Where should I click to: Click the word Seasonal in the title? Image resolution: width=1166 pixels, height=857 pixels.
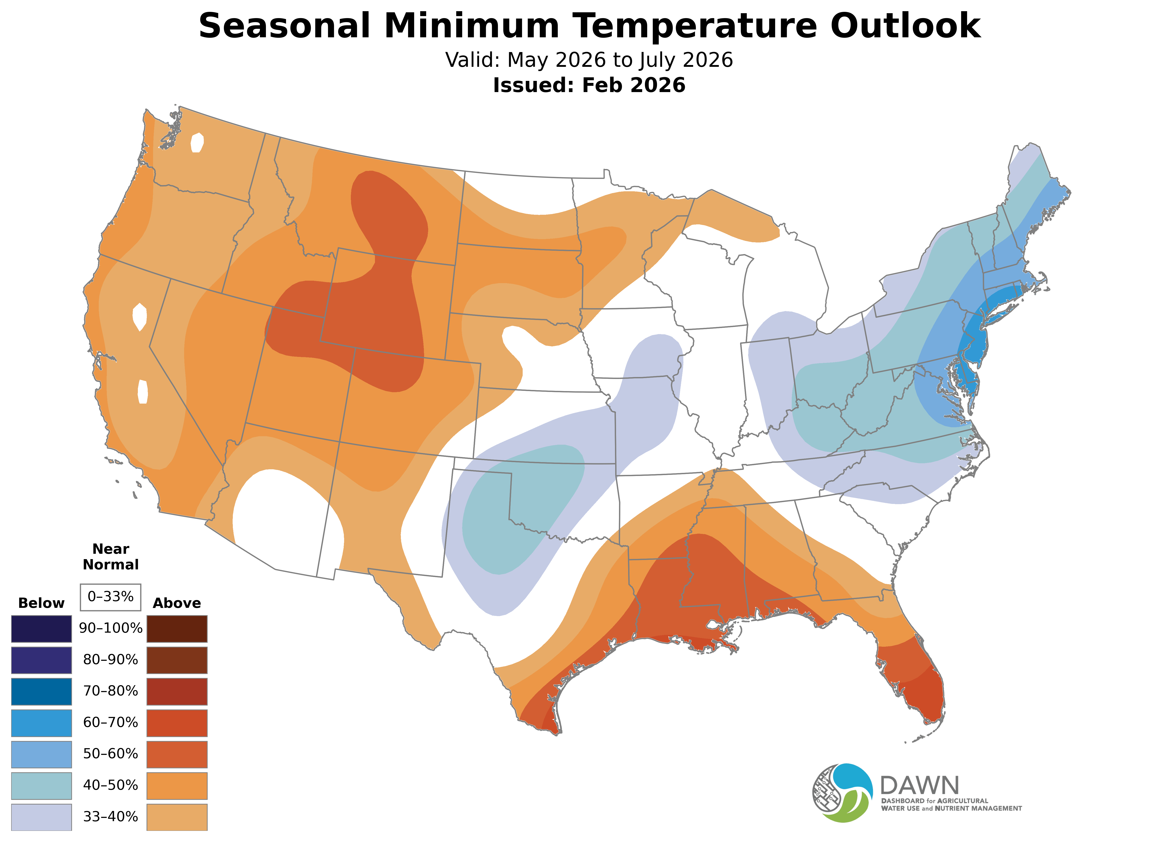(284, 26)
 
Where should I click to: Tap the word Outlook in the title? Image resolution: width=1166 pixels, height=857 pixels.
(905, 26)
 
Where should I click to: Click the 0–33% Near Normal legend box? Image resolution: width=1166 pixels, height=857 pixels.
(110, 597)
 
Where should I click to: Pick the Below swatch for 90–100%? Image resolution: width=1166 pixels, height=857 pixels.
(42, 629)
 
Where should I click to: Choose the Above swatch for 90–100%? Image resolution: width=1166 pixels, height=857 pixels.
(177, 629)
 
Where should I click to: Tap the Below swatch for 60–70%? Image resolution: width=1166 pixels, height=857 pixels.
(42, 723)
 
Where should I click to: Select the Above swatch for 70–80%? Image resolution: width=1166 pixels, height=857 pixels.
(177, 691)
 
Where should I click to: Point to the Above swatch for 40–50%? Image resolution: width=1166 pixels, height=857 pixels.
(177, 785)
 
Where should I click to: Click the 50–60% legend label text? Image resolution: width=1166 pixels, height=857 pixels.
(110, 754)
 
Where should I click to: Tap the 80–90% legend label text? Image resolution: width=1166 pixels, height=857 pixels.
(110, 660)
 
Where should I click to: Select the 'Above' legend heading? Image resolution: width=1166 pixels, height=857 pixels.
(177, 603)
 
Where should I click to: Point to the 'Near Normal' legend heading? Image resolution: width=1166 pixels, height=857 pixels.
(110, 557)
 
